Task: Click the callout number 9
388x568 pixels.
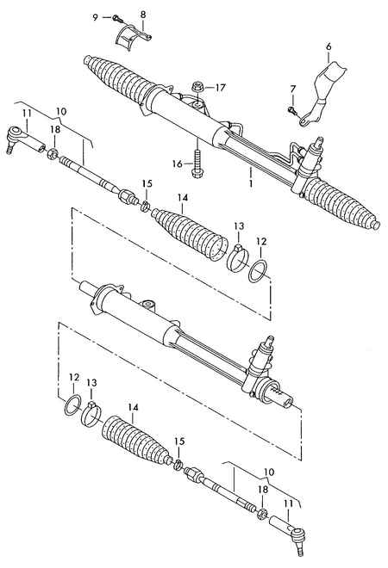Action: click(96, 17)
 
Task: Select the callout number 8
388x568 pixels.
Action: click(143, 15)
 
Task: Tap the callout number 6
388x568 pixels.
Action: click(329, 46)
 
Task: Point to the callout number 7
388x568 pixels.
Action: click(293, 89)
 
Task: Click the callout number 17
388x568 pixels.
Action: click(220, 87)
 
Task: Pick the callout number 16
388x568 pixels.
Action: click(178, 164)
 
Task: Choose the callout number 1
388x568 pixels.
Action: click(250, 183)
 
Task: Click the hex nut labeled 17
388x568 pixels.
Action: click(197, 87)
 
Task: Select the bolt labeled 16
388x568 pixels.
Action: click(197, 164)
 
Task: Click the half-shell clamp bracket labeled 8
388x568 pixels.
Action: click(133, 37)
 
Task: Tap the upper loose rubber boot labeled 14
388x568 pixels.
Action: click(191, 233)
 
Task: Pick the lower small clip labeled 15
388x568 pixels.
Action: click(178, 464)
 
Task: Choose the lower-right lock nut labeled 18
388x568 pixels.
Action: click(262, 513)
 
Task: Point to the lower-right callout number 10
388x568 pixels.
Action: click(269, 472)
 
